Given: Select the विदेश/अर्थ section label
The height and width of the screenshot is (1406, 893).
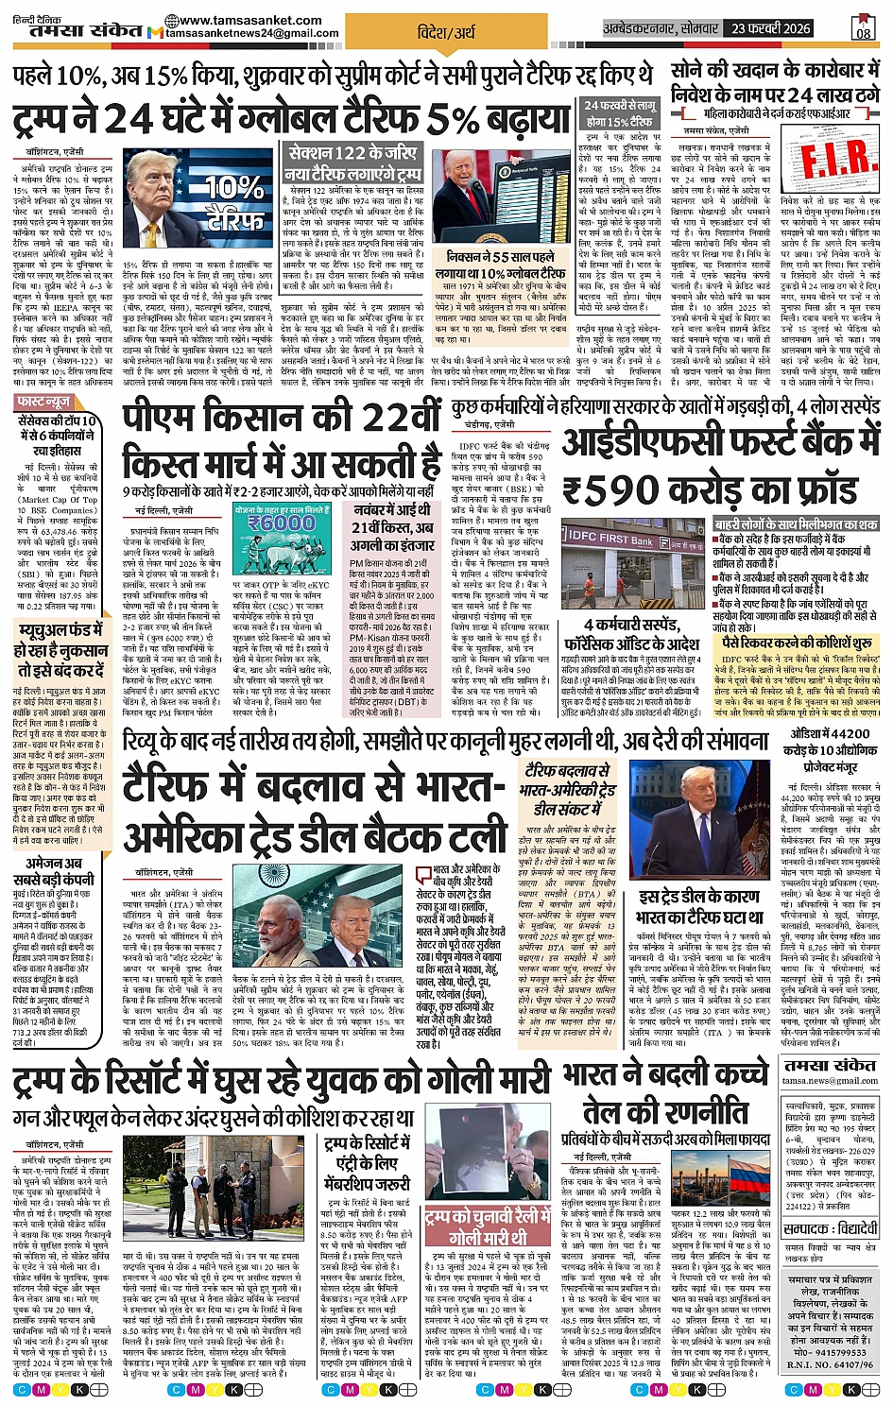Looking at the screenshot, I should coord(446,33).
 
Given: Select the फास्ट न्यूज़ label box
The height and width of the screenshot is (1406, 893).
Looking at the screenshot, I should coord(43,402).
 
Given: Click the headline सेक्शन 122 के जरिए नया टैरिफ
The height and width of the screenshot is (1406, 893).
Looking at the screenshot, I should coord(353,163).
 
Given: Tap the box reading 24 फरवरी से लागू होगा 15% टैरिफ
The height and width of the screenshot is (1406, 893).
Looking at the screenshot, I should coord(619,113).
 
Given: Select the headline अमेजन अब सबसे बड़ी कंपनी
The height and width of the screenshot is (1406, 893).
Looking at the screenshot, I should coord(53,869).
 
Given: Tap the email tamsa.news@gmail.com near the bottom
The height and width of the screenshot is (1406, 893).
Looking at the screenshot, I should coord(831,1081).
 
